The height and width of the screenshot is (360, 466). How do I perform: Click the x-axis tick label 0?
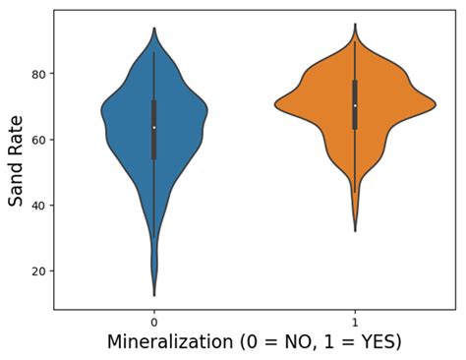pos(154,323)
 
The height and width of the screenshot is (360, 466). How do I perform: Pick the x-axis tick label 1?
pos(355,323)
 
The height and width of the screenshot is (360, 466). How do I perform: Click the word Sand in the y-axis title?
pos(17,181)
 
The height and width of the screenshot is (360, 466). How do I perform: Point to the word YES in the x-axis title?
pos(378,343)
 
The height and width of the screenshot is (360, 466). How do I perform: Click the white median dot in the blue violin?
pos(154,128)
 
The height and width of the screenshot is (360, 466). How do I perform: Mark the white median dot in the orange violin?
pos(355,105)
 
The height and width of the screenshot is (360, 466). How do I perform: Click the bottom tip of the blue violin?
pos(154,295)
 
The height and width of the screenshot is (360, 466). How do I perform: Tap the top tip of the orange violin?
pos(355,24)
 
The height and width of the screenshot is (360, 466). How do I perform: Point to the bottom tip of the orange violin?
pos(355,231)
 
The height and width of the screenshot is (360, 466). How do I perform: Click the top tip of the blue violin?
pos(154,28)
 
